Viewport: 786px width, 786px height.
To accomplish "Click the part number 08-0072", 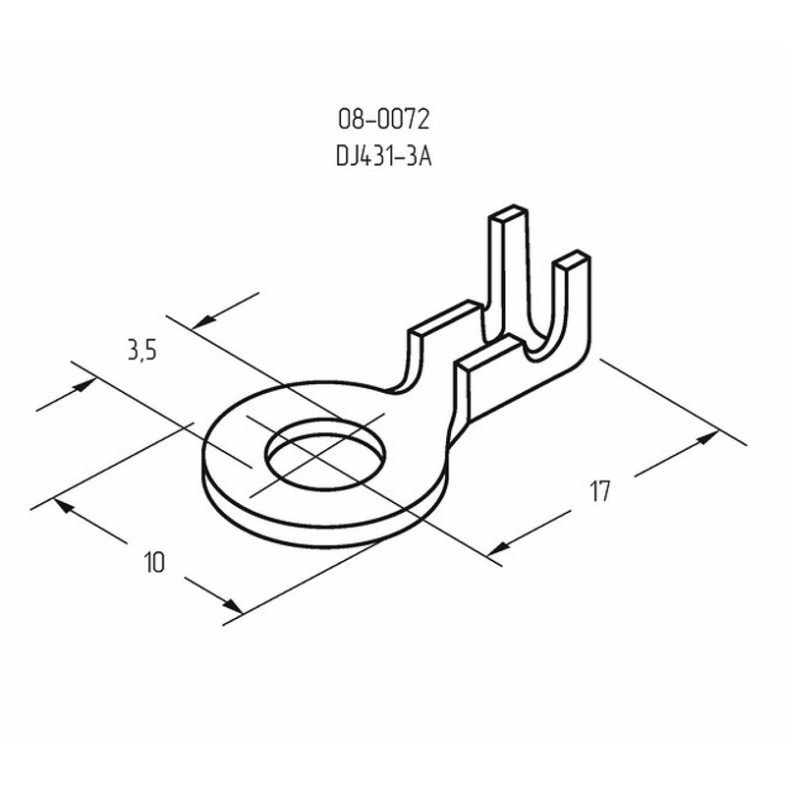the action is (384, 120).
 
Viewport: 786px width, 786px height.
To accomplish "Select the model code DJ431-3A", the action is (384, 156).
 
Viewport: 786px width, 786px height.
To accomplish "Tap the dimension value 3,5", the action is (142, 350).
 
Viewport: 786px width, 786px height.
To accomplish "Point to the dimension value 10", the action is (154, 562).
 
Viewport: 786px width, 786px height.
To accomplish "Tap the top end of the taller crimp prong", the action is (508, 212).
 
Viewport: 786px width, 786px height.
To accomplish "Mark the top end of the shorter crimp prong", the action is (572, 258).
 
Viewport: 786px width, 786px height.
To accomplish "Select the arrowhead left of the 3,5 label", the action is (84, 385).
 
